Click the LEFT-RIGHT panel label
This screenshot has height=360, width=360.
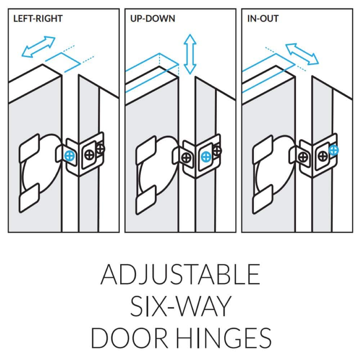[x=38, y=19]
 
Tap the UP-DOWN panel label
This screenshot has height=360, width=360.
[x=153, y=19]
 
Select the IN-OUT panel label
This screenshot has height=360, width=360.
[x=263, y=19]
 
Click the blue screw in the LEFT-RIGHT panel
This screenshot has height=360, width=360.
[x=69, y=156]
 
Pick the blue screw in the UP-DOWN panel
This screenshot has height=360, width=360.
[x=206, y=157]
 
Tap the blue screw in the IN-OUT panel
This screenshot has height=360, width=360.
[x=333, y=150]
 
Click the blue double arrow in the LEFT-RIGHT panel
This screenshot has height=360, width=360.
[x=39, y=46]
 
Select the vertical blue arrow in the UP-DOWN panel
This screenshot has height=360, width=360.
[x=190, y=54]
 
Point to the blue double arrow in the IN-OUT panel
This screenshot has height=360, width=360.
[x=302, y=54]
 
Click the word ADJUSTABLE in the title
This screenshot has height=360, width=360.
[x=180, y=274]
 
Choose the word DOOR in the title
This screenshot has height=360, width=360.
[x=130, y=338]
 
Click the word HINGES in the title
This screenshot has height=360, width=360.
[x=224, y=338]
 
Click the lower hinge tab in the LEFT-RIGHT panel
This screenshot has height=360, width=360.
[x=29, y=198]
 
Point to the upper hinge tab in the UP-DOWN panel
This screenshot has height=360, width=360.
[x=146, y=150]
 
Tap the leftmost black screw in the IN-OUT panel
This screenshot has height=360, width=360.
[x=303, y=157]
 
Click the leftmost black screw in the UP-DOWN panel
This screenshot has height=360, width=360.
[x=186, y=158]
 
